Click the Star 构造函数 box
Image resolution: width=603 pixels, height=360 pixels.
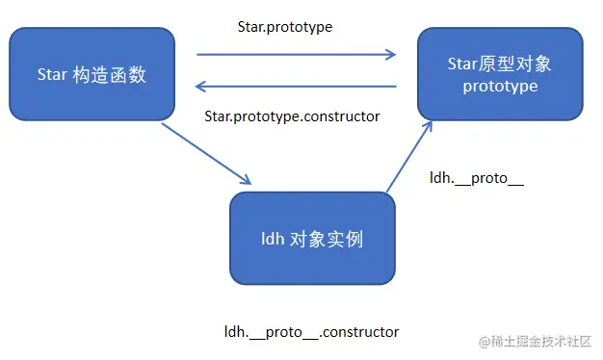(92, 73)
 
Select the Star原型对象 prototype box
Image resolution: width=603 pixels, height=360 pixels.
(499, 74)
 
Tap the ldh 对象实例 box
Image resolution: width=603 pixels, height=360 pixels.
(312, 237)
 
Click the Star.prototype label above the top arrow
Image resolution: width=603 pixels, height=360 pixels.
(284, 27)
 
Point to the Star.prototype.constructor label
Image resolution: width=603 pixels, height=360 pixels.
(292, 116)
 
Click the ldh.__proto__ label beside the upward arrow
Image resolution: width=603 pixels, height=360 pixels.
(476, 178)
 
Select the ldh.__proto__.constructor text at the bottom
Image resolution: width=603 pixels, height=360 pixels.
(311, 332)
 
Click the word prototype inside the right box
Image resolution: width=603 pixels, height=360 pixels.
(499, 86)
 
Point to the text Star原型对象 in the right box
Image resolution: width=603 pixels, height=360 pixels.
(499, 64)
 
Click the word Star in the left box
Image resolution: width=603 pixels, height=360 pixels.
(54, 74)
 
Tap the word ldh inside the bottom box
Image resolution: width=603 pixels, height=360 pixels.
(273, 238)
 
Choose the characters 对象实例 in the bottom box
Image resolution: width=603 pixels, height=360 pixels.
(327, 238)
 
